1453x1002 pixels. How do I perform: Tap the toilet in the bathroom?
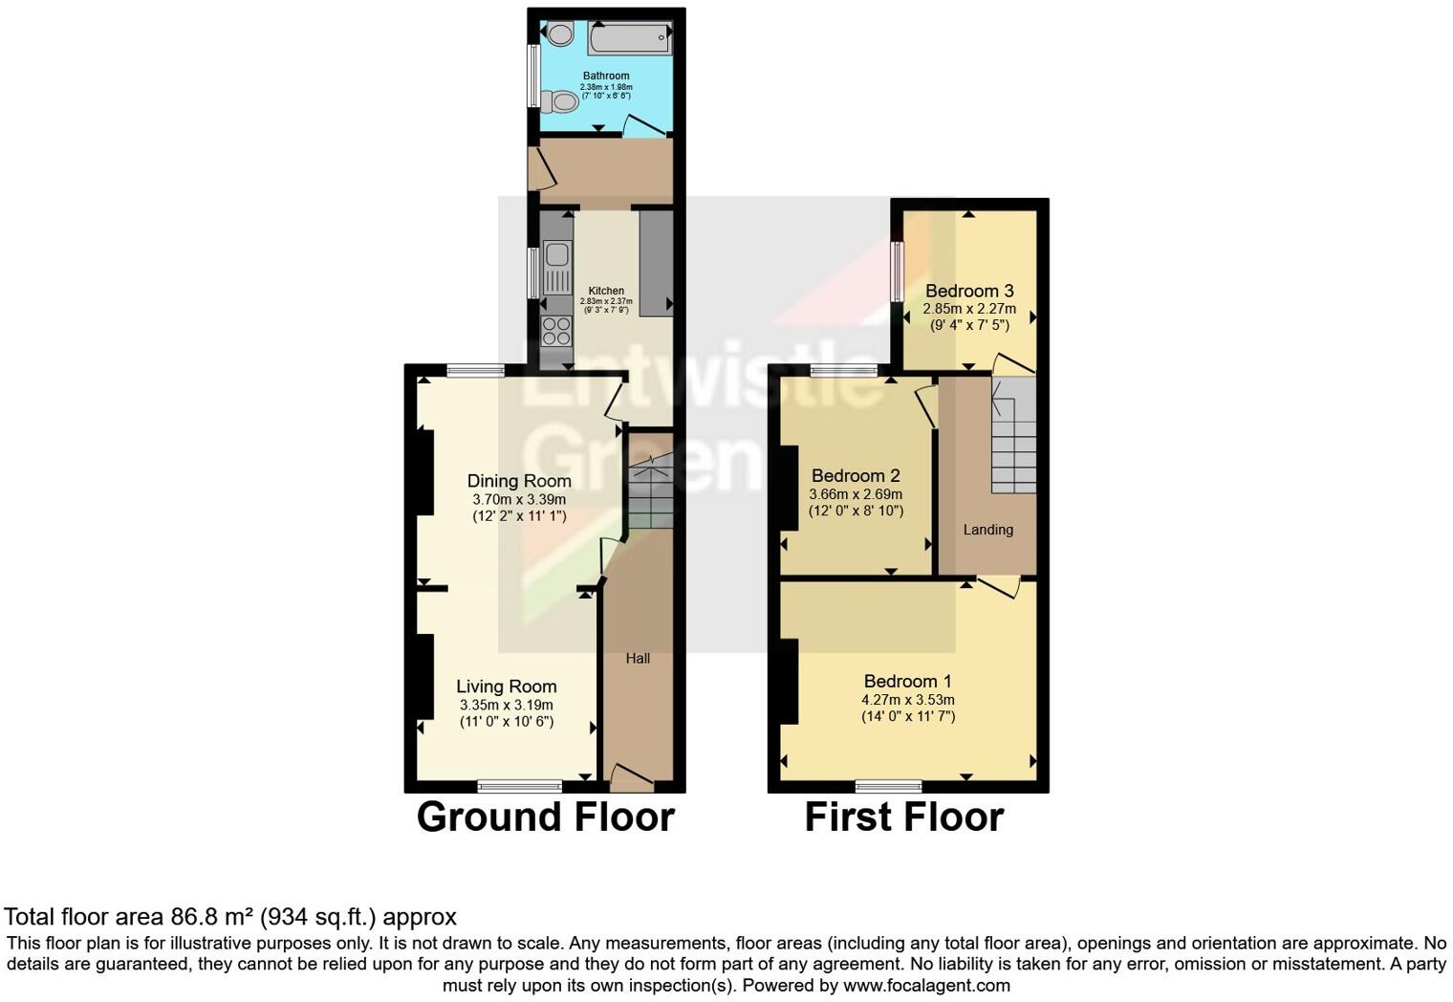point(559,101)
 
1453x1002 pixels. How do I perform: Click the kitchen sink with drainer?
point(555,267)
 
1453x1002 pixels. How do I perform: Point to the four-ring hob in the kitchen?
point(555,331)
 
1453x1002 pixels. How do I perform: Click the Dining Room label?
point(519,481)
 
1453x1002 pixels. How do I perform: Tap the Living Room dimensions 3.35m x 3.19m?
point(506,706)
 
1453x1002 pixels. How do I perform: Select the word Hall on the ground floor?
point(638,658)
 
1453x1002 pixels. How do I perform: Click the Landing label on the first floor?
point(987,530)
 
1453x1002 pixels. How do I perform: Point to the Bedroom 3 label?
point(969,291)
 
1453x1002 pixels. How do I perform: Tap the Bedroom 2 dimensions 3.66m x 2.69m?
point(856,494)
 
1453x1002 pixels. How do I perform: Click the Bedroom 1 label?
point(907,681)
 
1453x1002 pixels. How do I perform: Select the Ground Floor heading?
point(545,817)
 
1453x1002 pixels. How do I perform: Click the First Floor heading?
point(903,817)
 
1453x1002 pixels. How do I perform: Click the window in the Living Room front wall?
point(520,786)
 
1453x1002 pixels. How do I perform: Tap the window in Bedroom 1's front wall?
point(889,786)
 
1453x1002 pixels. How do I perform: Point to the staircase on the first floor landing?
point(1012,435)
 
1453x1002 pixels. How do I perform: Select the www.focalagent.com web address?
point(926,985)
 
